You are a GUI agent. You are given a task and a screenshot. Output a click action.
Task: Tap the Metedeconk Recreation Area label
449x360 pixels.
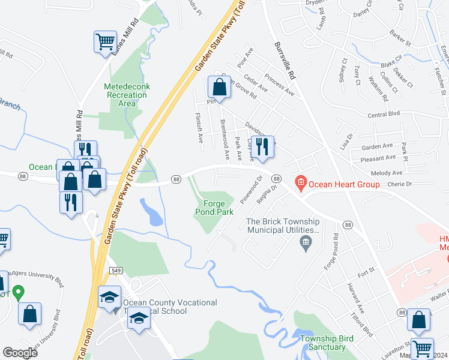tap(127, 95)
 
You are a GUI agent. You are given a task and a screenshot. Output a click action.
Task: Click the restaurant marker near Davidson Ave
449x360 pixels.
tap(262, 146)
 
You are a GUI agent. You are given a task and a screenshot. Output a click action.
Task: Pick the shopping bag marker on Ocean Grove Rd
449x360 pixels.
tap(219, 88)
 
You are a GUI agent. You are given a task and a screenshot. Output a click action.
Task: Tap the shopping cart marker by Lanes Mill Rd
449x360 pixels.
tap(104, 42)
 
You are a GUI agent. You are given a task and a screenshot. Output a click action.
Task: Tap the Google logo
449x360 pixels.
tap(20, 353)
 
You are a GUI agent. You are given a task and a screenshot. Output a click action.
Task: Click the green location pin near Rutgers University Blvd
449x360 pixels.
tap(18, 293)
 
